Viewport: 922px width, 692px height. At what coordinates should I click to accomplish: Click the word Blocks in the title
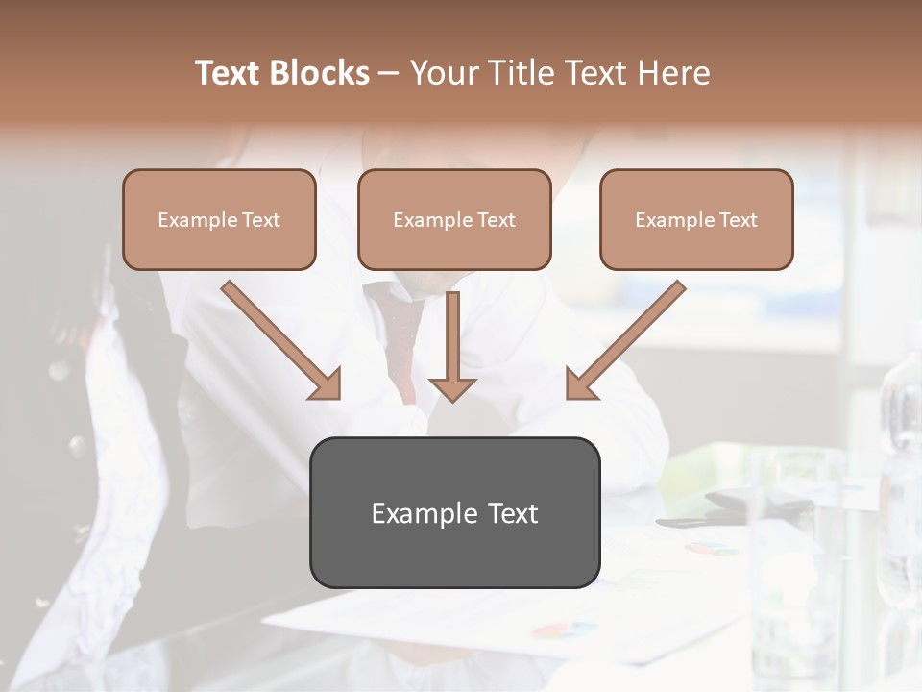(320, 73)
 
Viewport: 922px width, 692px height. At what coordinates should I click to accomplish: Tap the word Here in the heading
(672, 73)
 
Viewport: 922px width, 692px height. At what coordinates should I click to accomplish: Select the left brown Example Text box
(219, 219)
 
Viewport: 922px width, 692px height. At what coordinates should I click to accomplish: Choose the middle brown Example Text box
(454, 219)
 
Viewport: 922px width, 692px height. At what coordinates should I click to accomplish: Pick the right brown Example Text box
(696, 219)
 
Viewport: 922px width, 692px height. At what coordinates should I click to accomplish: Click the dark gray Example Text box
(454, 512)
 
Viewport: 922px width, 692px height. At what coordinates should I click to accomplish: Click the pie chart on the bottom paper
(565, 631)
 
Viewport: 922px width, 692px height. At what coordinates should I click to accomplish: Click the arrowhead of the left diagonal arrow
(327, 384)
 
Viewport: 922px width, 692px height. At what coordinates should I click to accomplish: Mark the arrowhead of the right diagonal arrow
(580, 384)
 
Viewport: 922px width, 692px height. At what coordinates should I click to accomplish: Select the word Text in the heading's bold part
(230, 73)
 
